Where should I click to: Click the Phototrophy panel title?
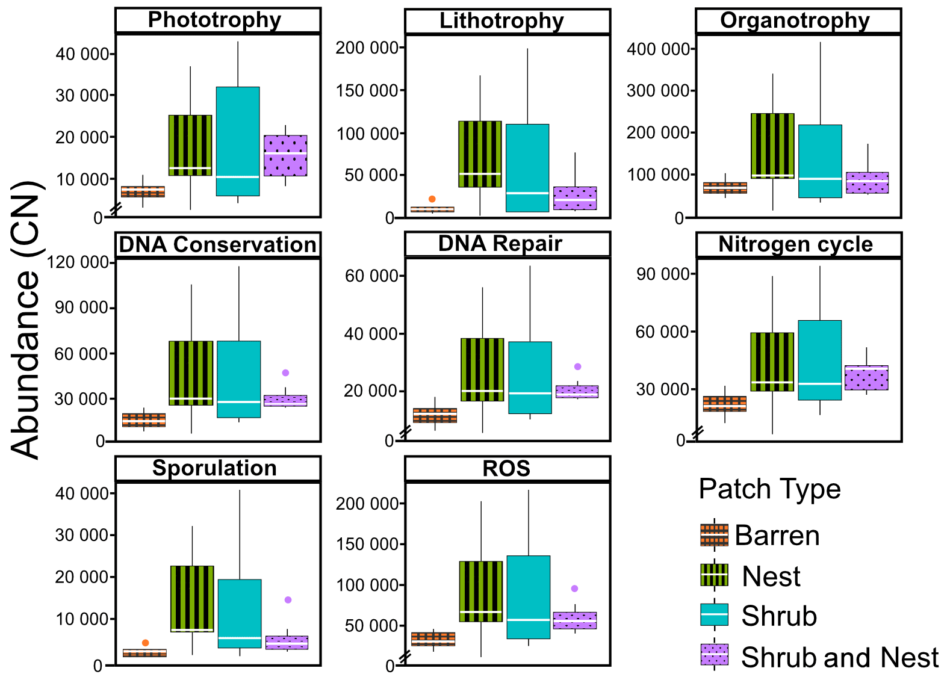coord(215,20)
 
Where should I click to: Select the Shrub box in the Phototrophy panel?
coord(238,141)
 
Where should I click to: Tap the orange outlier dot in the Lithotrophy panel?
coord(432,199)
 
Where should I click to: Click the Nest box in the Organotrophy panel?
coord(772,146)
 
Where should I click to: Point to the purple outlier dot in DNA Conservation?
coord(285,373)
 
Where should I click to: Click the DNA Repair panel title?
coord(500,244)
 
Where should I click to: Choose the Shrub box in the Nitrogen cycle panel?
coord(820,360)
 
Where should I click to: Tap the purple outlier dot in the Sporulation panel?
coord(288,600)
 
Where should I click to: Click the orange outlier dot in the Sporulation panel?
coord(145,643)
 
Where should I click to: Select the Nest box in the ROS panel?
coord(480,592)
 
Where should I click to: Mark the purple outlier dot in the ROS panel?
coord(574,589)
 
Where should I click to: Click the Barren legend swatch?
coord(714,535)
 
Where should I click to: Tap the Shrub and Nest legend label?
coord(840,657)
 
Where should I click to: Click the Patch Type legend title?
coord(769,489)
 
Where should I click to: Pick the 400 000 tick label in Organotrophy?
coord(657,49)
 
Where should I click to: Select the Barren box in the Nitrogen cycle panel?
coord(725,404)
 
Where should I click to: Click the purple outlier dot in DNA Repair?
coord(577,366)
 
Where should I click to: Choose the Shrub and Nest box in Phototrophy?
coord(285,155)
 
